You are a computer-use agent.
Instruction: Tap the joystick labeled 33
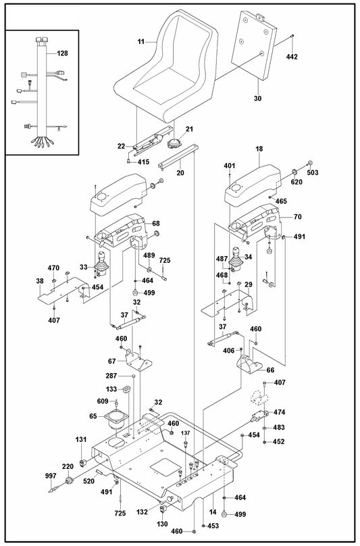tap(99, 266)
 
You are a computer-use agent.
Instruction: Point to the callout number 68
tap(155, 223)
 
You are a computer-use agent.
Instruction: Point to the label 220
tap(68, 467)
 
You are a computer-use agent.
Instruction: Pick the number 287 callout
tap(112, 375)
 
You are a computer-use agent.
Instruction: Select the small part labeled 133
tap(126, 389)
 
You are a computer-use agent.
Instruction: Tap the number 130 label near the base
tap(163, 524)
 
